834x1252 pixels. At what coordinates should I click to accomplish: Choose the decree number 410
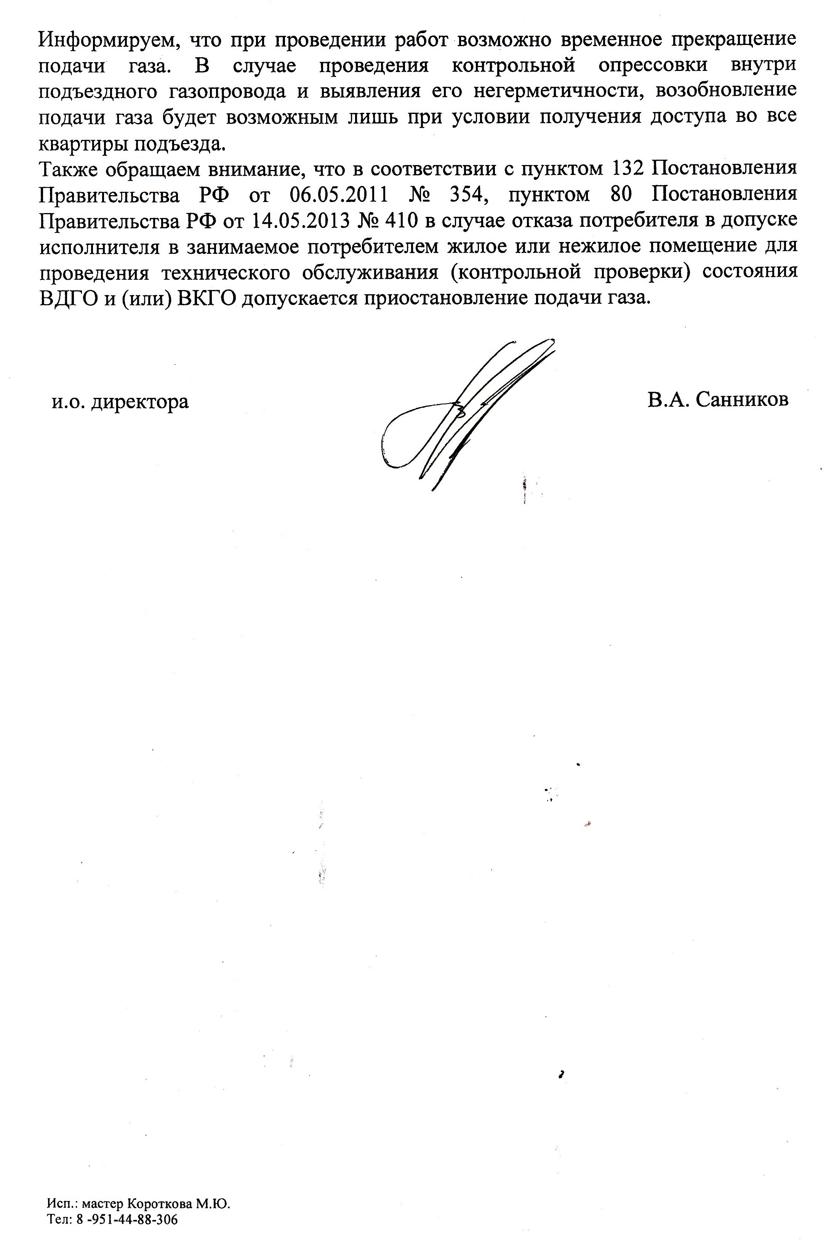tap(394, 220)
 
